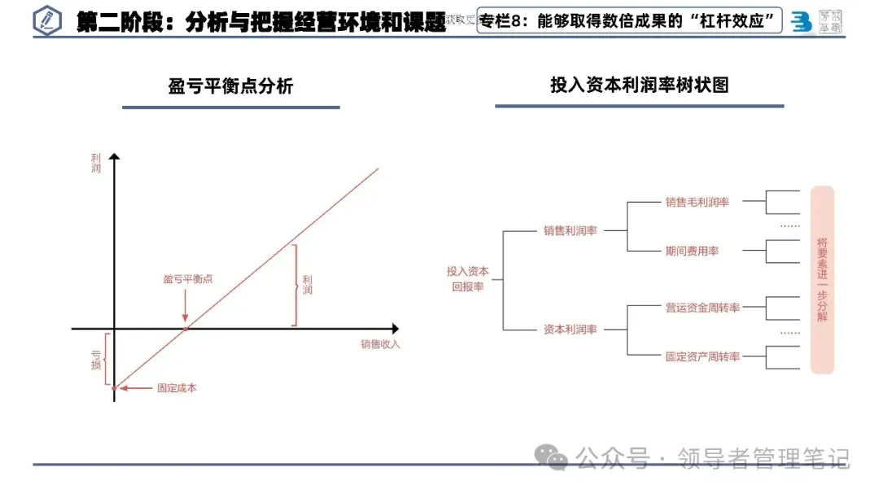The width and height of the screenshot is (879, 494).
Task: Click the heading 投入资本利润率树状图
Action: tap(639, 85)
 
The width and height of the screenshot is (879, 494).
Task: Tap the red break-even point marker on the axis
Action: tap(186, 328)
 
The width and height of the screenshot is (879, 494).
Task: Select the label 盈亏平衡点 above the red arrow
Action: tap(187, 278)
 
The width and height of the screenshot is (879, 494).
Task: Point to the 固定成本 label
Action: tap(177, 387)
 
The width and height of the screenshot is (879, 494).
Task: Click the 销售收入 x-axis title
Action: tap(381, 344)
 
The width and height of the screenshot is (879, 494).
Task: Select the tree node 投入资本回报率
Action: tap(467, 279)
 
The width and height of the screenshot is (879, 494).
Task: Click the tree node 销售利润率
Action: tap(571, 230)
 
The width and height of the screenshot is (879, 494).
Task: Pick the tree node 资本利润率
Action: tap(571, 330)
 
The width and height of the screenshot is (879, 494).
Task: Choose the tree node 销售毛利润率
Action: tap(697, 202)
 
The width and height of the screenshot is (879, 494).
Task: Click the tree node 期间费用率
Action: tap(692, 251)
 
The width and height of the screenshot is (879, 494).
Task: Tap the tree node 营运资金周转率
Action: tap(702, 308)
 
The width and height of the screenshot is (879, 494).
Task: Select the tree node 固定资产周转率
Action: tap(702, 356)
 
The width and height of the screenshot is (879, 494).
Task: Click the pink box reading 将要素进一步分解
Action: tap(822, 279)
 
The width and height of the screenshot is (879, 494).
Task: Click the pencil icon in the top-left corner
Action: tap(47, 21)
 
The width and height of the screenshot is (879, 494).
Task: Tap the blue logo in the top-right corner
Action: tap(802, 22)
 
